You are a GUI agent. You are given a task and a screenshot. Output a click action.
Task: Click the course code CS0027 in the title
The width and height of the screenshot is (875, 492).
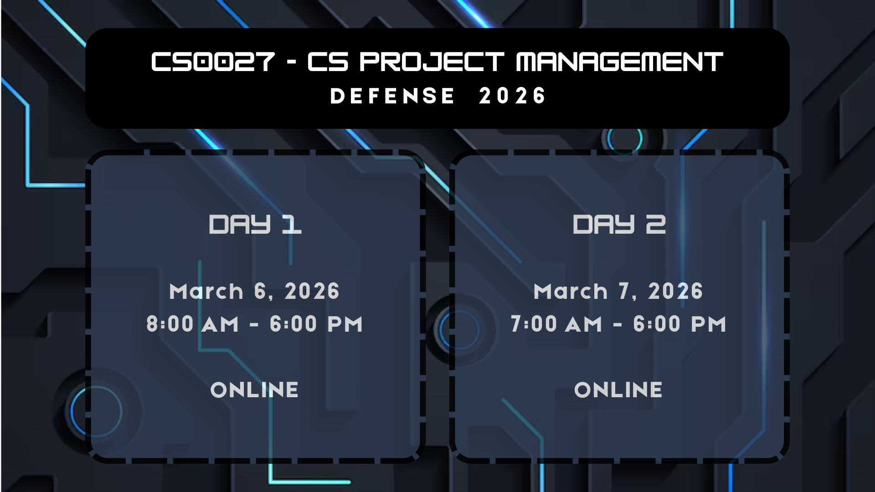pyautogui.click(x=213, y=61)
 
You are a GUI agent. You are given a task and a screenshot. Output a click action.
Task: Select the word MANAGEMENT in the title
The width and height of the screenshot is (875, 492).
pyautogui.click(x=619, y=61)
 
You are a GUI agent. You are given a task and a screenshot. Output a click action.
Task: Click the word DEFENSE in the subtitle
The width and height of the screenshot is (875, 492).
pyautogui.click(x=392, y=96)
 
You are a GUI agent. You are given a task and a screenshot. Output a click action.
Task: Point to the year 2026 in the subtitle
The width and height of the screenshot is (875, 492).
pyautogui.click(x=512, y=96)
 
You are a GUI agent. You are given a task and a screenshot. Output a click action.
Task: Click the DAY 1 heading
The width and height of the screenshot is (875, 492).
pyautogui.click(x=255, y=224)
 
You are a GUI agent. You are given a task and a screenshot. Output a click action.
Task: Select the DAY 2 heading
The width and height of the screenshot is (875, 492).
pyautogui.click(x=619, y=224)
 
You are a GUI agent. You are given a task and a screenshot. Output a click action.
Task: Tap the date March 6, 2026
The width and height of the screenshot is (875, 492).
pyautogui.click(x=254, y=292)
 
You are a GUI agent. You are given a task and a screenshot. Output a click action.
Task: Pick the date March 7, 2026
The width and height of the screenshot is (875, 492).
pyautogui.click(x=618, y=292)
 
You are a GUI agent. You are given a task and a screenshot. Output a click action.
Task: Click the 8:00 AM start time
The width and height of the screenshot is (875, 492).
pyautogui.click(x=193, y=324)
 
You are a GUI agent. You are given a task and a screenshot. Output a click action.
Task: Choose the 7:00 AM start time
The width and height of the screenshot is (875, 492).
pyautogui.click(x=556, y=324)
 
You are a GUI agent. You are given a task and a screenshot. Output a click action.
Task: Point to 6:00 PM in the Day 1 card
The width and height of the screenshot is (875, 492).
pyautogui.click(x=316, y=324)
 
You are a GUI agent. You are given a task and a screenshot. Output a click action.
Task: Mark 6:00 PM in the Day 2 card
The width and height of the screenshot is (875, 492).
pyautogui.click(x=679, y=324)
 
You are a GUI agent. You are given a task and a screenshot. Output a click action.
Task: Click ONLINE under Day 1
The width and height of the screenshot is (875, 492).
pyautogui.click(x=254, y=390)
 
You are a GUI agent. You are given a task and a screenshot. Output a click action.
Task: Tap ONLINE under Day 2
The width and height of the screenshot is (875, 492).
pyautogui.click(x=618, y=390)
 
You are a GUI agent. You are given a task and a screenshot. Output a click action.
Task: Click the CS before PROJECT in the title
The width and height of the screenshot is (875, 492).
pyautogui.click(x=328, y=61)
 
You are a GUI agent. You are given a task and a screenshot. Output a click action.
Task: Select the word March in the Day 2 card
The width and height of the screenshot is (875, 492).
pyautogui.click(x=571, y=292)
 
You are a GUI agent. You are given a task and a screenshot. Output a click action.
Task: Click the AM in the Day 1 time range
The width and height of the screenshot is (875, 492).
pyautogui.click(x=221, y=325)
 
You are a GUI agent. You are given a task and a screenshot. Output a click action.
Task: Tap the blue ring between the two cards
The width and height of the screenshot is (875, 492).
pyautogui.click(x=441, y=329)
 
